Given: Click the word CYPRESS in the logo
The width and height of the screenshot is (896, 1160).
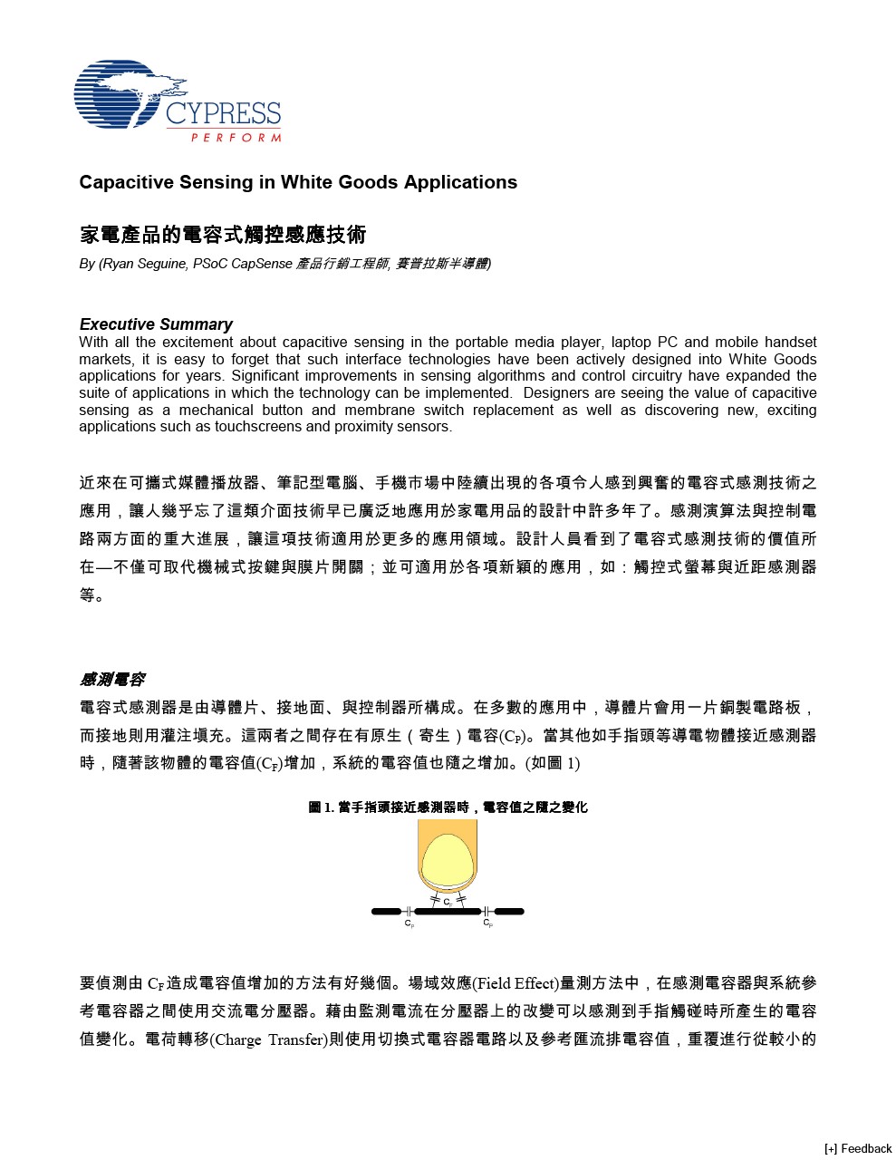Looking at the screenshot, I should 223,114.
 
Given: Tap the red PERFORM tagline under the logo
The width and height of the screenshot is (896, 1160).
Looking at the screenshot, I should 236,138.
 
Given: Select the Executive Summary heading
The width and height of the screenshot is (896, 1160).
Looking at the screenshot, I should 156,324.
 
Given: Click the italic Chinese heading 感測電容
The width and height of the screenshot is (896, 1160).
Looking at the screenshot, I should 111,680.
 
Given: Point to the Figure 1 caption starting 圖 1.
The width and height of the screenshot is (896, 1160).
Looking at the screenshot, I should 448,807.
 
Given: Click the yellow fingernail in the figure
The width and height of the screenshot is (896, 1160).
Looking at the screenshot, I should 447,859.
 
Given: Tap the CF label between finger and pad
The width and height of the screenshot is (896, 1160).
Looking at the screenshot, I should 448,903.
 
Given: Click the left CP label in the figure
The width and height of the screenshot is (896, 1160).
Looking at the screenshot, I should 409,923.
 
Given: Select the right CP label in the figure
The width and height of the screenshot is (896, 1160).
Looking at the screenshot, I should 487,923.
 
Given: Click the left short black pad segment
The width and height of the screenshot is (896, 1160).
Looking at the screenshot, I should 387,912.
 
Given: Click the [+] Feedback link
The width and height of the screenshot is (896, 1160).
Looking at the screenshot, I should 858,1148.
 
